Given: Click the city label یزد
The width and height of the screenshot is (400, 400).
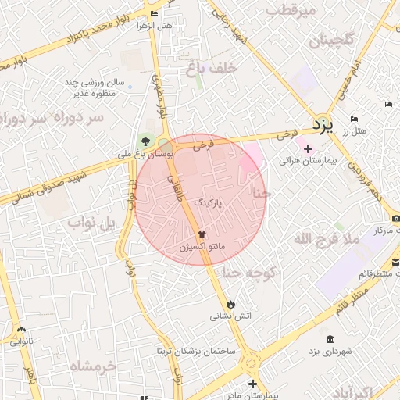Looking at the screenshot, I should coord(322,124).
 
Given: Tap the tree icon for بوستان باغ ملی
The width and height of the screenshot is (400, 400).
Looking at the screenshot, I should coord(145,141).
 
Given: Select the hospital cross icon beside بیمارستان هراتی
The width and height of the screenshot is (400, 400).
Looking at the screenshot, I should coord(308,148).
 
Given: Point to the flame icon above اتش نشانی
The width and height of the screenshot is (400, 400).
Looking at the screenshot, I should coord(230,304).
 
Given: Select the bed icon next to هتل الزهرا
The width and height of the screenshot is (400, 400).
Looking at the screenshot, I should coord(154,15).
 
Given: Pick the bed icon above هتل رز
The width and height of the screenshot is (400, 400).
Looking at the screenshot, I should coord(354,119).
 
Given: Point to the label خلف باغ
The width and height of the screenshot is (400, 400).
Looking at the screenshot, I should coord(212,69).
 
